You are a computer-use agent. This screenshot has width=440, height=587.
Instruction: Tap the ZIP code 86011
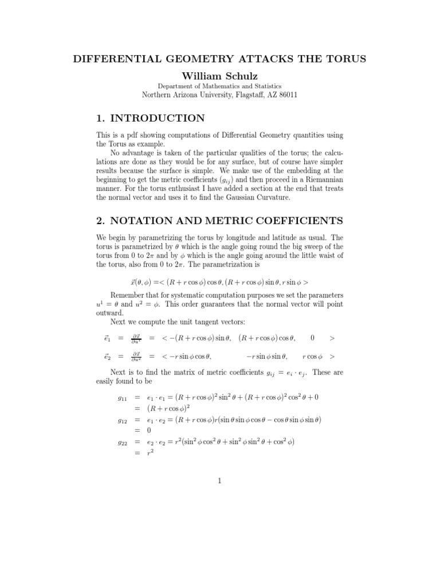point(286,95)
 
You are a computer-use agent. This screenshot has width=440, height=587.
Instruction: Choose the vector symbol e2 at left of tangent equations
point(107,357)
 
